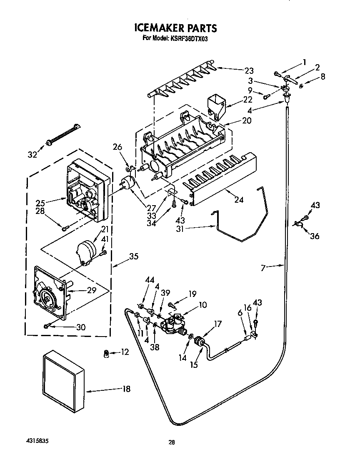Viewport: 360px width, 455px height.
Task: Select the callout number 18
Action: coord(126,389)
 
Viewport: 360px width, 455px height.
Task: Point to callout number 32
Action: coord(32,155)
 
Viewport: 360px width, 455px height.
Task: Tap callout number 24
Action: coord(239,200)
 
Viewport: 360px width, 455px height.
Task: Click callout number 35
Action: coord(133,256)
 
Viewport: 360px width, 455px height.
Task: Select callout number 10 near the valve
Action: coord(202,305)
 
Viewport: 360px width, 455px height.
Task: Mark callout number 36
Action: coord(315,236)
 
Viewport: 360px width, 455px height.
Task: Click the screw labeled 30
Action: coord(47,325)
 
